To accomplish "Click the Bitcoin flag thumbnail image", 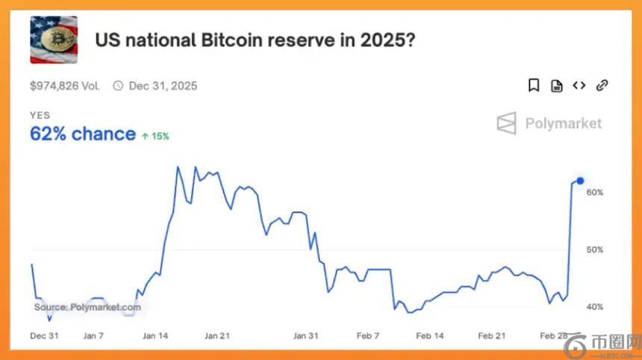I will coord(53,40).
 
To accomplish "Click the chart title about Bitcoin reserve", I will coord(255,40).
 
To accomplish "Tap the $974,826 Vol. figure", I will coord(65,86).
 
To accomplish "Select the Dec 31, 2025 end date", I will coord(162,86).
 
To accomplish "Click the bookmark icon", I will coord(534,86).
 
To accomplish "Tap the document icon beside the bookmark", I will coord(556,86).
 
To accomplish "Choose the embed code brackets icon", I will coord(579,86).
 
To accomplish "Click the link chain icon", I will coord(602,86).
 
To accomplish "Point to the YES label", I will coord(40,115).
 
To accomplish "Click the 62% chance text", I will coord(82,134).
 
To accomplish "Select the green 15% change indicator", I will coord(155,136).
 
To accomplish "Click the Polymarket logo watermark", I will coord(549,123).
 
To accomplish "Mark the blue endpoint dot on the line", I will coord(580,181).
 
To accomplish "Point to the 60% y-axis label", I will coord(595,193).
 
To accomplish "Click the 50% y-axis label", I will coord(595,249).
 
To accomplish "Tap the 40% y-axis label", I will coord(595,307).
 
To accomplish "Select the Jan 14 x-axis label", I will coord(155,336).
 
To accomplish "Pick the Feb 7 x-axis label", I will coord(367,336).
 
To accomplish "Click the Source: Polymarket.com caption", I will coord(87,307).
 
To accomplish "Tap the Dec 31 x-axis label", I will coord(44,336).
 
